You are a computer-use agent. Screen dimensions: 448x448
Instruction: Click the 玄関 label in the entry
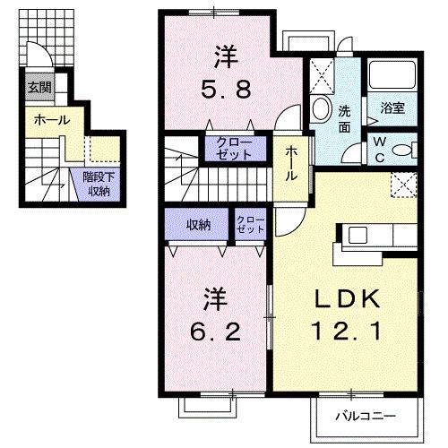(39, 87)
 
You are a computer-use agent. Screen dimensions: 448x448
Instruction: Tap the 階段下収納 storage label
(98, 184)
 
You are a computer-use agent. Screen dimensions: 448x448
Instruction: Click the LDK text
(344, 299)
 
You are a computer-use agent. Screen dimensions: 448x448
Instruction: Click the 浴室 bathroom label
(392, 109)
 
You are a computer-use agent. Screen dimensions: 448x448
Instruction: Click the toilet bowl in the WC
(405, 149)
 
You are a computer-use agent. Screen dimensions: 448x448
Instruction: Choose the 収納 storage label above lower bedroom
(199, 224)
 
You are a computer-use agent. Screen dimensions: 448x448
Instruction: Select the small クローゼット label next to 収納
(251, 224)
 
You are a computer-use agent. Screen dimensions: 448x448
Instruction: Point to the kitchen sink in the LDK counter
(357, 236)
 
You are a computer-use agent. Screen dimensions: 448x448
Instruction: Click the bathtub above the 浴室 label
(393, 76)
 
